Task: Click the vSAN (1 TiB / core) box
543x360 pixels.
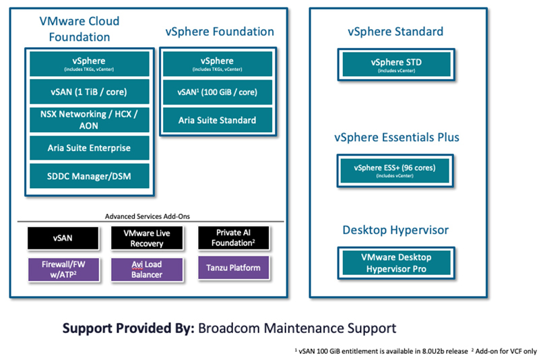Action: pos(90,92)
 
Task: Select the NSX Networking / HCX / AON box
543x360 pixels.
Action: pos(90,120)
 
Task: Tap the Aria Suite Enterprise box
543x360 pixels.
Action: pos(90,148)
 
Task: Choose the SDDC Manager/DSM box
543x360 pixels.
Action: pos(90,176)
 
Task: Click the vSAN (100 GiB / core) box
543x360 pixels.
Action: pos(218,92)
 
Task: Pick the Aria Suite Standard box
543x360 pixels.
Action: pos(218,120)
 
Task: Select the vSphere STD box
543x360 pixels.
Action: pos(396,65)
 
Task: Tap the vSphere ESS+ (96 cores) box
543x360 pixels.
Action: pos(395,171)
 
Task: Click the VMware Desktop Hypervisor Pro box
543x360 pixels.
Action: pos(396,263)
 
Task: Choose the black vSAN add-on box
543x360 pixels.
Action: pos(63,238)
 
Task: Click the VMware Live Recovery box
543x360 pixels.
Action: pos(147,238)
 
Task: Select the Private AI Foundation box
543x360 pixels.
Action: pos(233,238)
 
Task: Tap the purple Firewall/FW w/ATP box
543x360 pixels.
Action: pos(63,270)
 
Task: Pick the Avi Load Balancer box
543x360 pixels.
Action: pos(147,270)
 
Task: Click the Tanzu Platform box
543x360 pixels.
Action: pos(233,268)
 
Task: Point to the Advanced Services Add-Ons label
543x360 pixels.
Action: pos(148,216)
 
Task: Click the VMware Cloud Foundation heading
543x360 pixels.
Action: pos(79,29)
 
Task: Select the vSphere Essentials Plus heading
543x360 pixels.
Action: pos(397,138)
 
